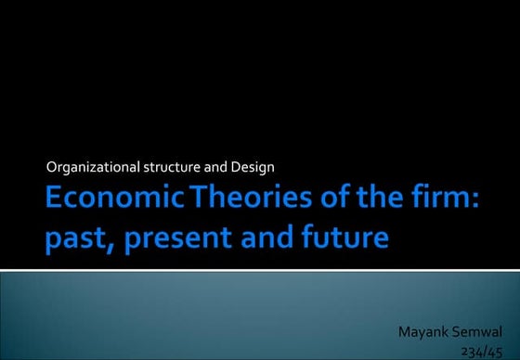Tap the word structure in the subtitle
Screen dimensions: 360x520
point(171,167)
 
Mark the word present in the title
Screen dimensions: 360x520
point(183,238)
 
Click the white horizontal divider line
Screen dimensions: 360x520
point(260,270)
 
